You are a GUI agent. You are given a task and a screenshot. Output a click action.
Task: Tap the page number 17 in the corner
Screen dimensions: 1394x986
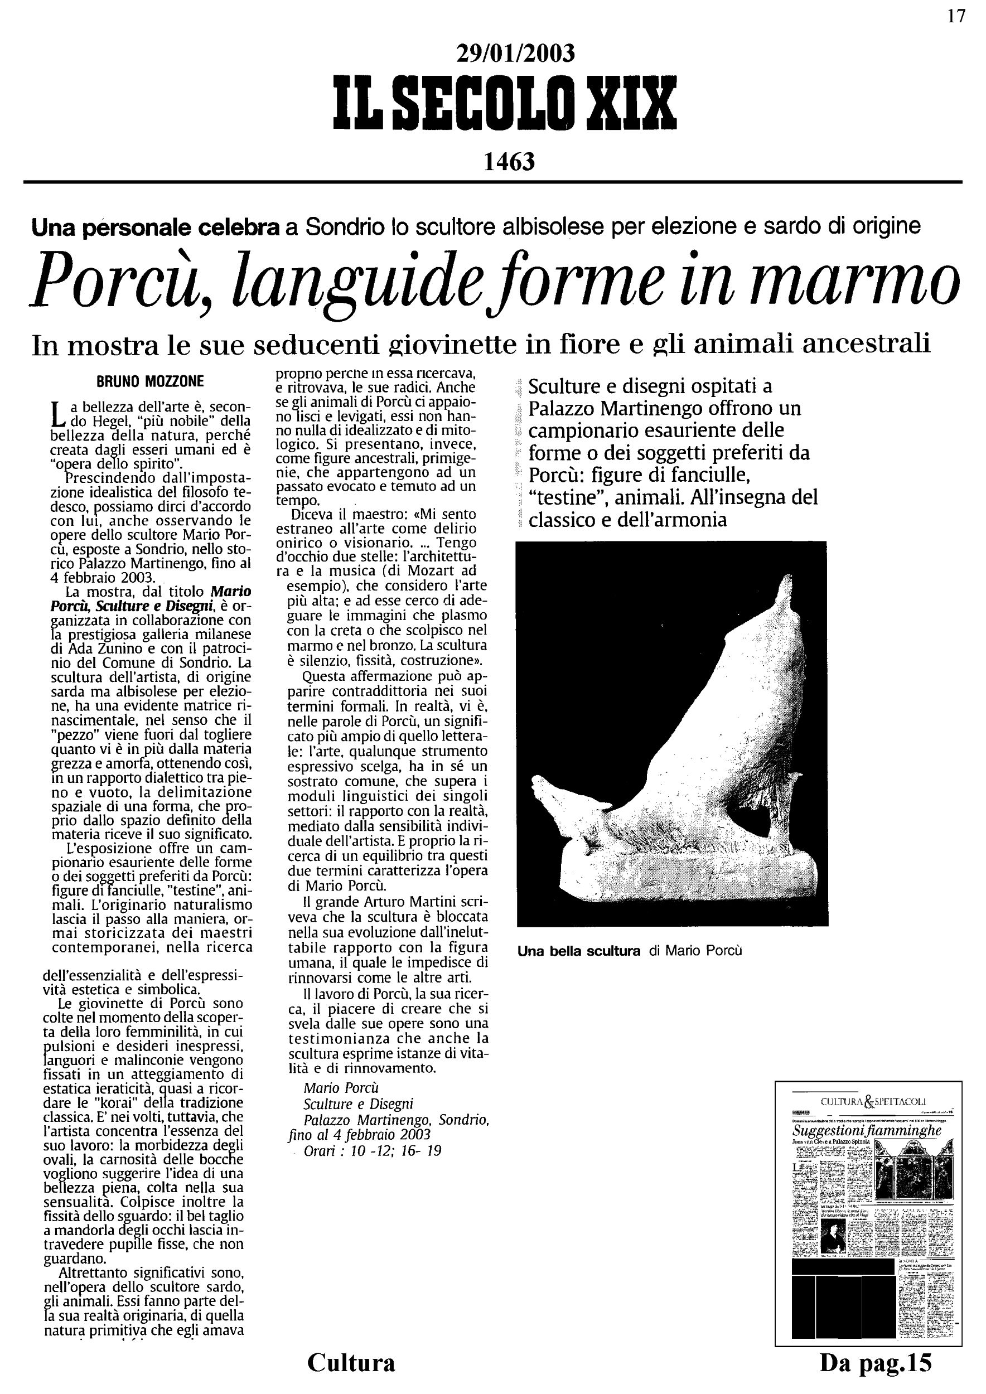coord(956,16)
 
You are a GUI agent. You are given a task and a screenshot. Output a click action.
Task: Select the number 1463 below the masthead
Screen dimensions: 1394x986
coord(509,162)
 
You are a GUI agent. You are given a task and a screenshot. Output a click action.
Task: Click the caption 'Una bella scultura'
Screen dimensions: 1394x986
coord(579,951)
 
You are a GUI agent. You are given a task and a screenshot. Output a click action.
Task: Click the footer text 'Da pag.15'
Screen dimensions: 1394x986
coord(875,1362)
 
